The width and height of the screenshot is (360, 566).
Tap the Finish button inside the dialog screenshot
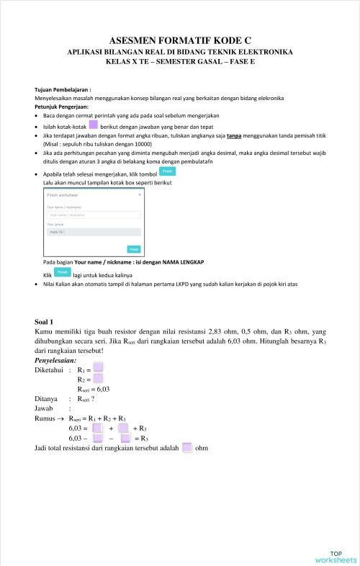click(134, 249)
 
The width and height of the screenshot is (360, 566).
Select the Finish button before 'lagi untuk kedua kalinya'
click(63, 274)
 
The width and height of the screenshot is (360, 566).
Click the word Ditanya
click(46, 397)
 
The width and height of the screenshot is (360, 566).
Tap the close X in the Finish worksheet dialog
click(140, 195)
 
